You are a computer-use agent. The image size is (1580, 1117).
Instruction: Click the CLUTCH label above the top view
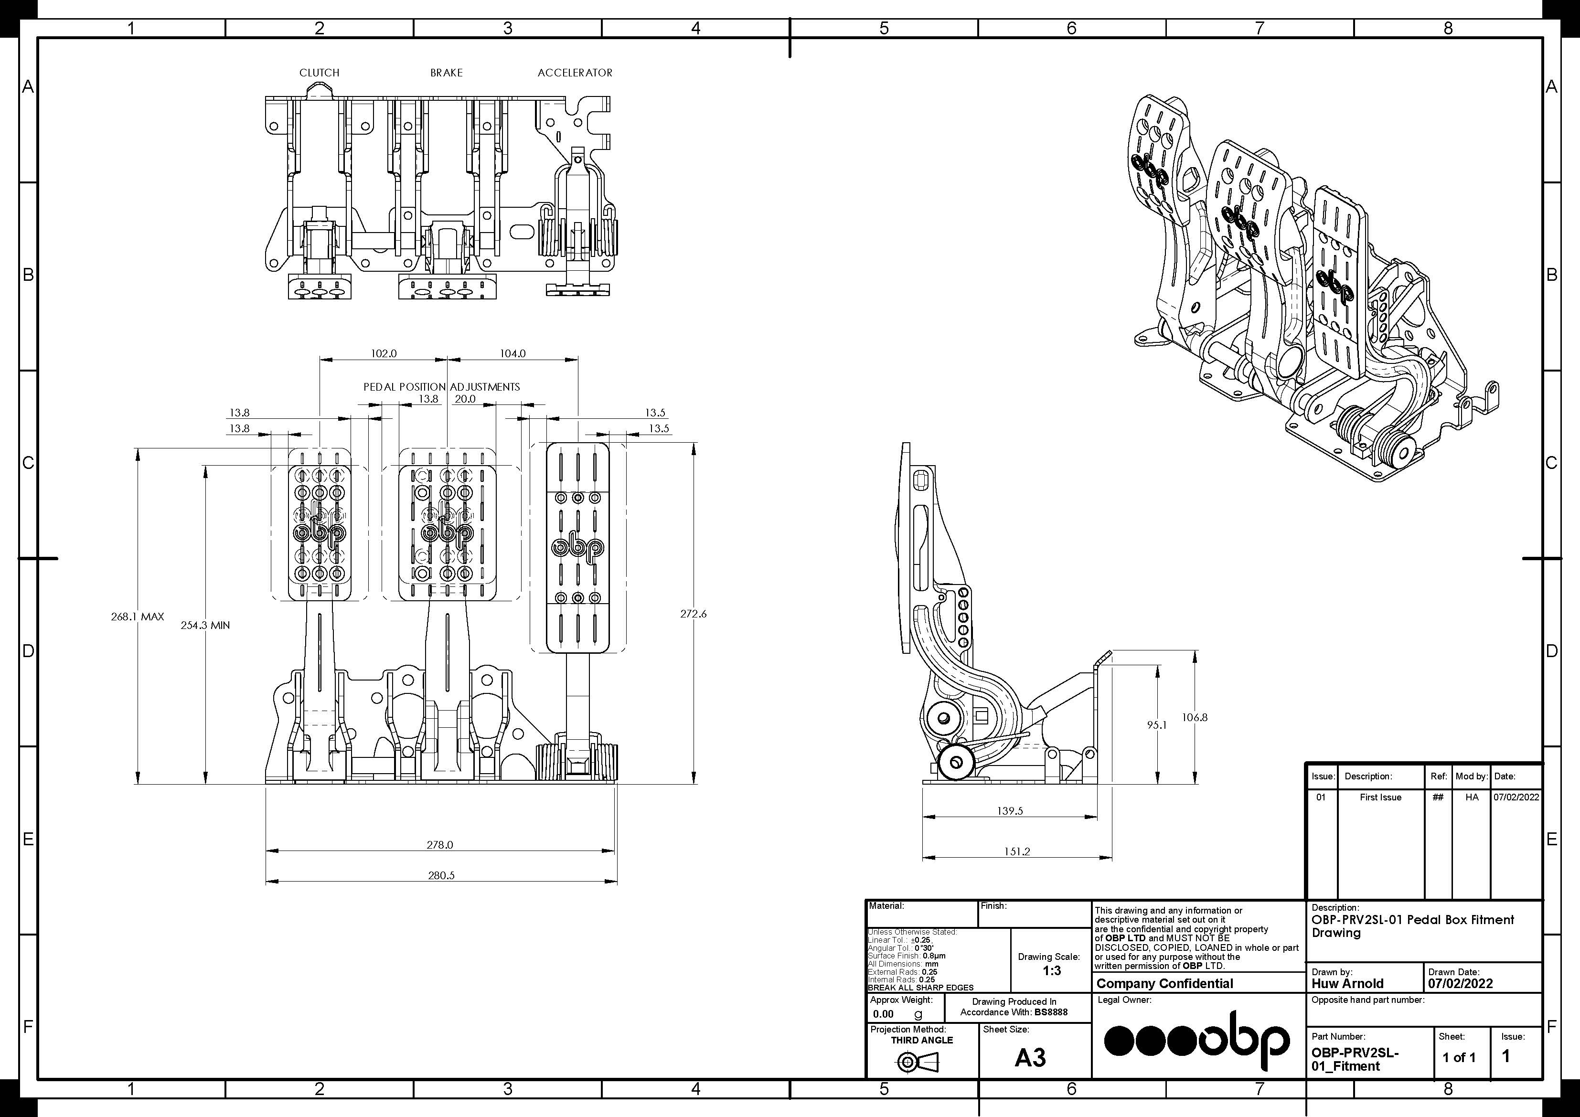pos(320,72)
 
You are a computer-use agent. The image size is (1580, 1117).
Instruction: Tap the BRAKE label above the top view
pos(447,72)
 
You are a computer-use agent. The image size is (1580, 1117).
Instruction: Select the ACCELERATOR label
pos(575,72)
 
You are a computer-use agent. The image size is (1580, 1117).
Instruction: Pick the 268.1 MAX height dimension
pos(138,617)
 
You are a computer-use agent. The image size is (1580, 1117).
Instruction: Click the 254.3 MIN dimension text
pos(205,625)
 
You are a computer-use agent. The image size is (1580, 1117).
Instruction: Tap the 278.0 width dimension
pos(440,844)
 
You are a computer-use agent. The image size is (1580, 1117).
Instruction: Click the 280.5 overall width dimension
pos(441,875)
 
